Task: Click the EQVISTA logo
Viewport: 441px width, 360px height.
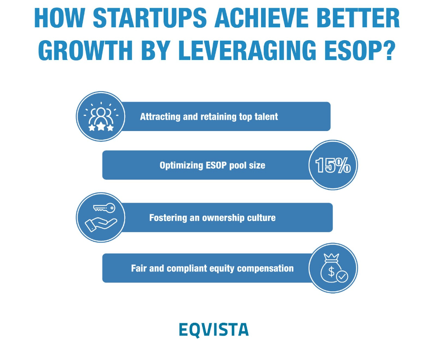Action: (x=213, y=329)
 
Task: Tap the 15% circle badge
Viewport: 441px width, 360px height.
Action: (x=333, y=165)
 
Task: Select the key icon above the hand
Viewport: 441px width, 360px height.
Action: (x=104, y=208)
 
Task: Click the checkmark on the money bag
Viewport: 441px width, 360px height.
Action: (x=342, y=276)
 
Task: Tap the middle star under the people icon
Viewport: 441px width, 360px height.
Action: (x=101, y=127)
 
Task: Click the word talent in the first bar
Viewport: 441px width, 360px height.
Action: (x=265, y=117)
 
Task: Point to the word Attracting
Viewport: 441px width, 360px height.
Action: (x=159, y=117)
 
